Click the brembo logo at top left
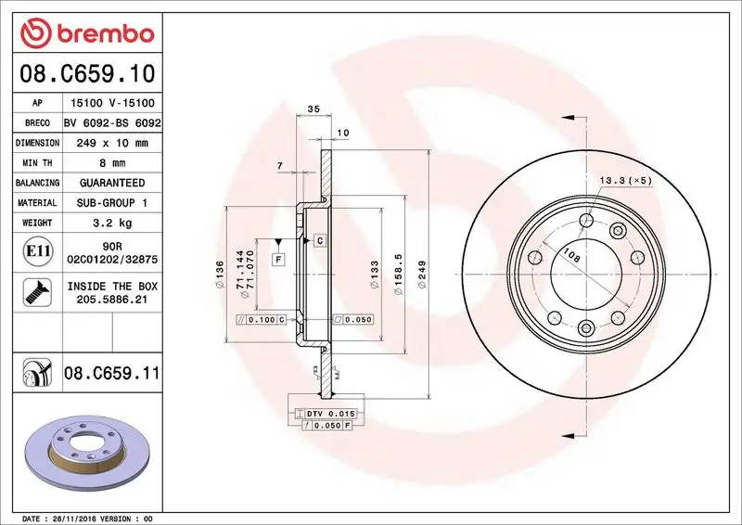86,34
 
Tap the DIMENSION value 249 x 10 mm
112,144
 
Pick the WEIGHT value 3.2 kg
112,223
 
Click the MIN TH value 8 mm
112,163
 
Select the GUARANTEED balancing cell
112,183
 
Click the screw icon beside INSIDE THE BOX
33,293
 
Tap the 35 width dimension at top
313,109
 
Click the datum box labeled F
277,261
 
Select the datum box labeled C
318,240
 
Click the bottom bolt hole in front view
586,327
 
